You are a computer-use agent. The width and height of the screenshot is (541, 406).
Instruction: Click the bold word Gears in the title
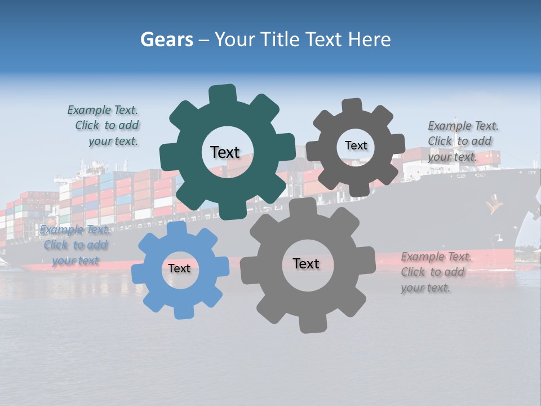click(166, 40)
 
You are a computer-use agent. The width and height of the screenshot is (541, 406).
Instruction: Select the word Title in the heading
click(283, 40)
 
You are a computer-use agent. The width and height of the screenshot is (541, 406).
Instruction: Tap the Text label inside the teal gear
click(225, 152)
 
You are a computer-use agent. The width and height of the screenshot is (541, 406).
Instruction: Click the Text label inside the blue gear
click(179, 269)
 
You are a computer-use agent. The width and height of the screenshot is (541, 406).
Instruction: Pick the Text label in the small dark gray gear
click(356, 145)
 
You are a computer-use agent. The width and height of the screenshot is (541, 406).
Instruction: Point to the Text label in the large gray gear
click(305, 264)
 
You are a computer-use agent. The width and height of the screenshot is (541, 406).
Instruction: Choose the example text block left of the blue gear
click(75, 245)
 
